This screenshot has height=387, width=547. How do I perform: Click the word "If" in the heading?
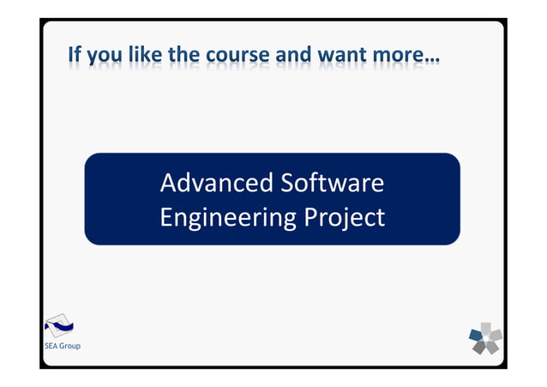(x=75, y=57)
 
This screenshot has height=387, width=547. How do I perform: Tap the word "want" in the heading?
(x=342, y=57)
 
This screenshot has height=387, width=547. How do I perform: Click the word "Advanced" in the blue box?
(x=206, y=184)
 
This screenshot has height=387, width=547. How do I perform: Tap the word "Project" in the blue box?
(x=345, y=219)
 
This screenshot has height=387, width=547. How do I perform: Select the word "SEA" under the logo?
(x=51, y=346)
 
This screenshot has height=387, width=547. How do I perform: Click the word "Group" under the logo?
(x=69, y=346)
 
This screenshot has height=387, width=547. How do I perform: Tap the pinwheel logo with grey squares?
(x=485, y=338)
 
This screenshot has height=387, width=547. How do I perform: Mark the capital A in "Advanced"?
(x=168, y=184)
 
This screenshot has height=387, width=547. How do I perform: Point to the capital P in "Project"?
(x=311, y=217)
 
